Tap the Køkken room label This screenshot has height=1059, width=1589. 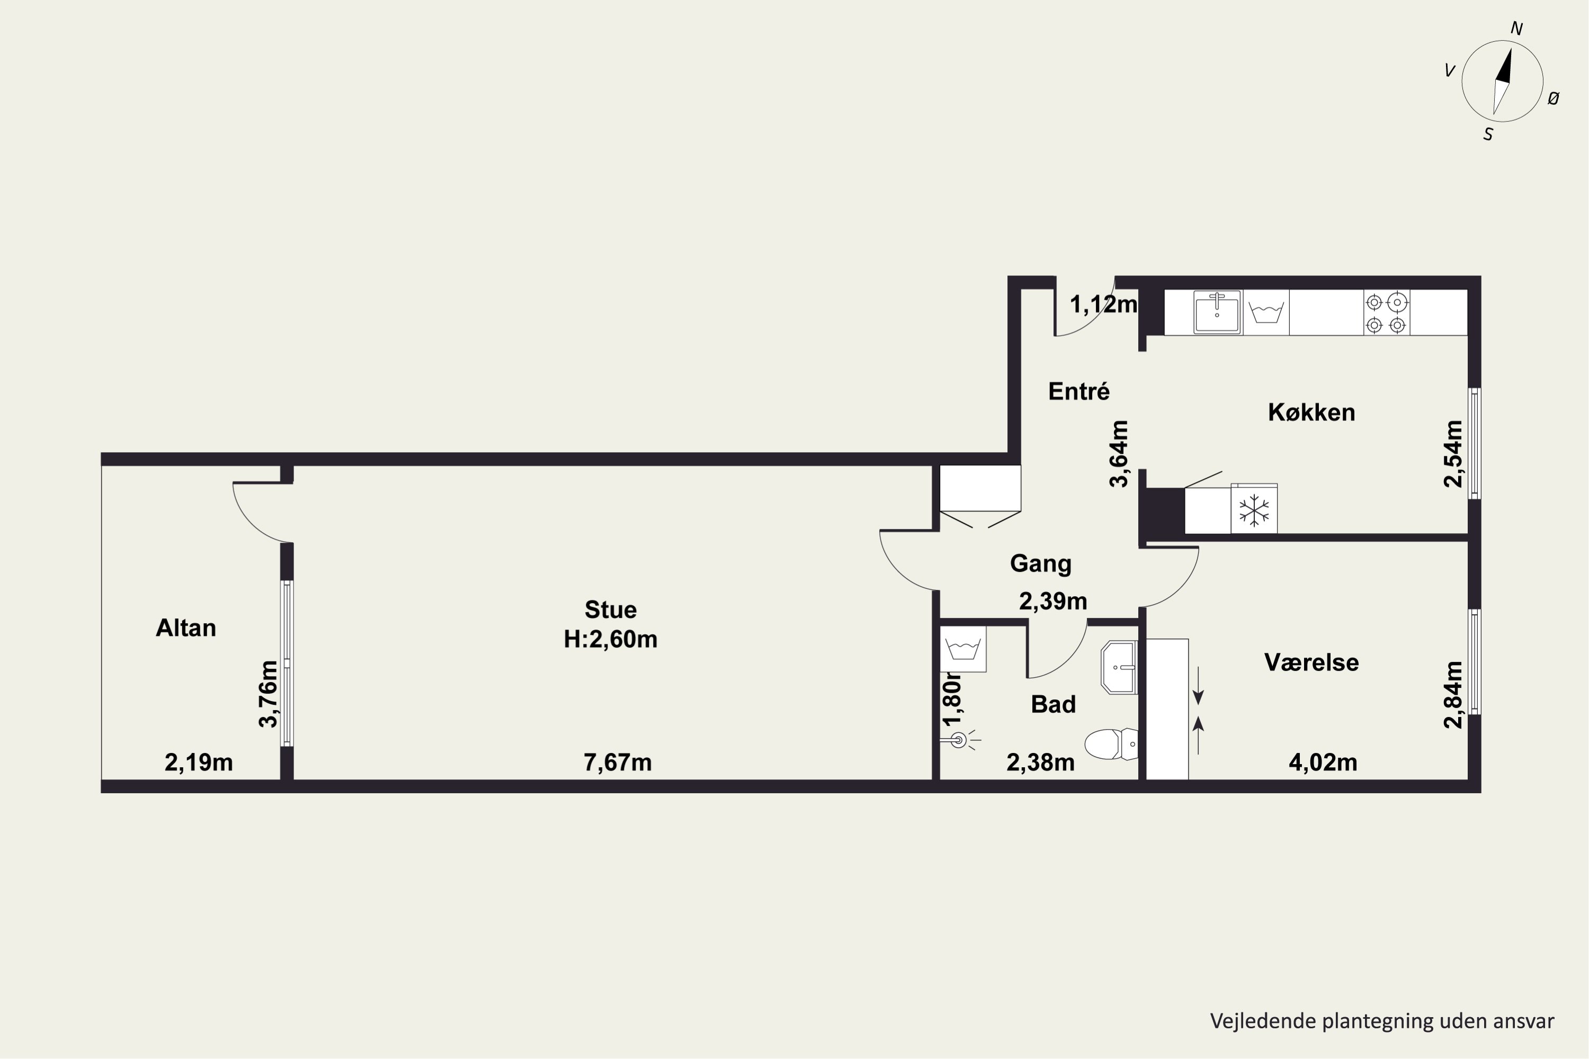click(x=1311, y=412)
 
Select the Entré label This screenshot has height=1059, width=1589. click(x=1079, y=391)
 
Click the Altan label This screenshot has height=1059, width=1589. click(x=186, y=628)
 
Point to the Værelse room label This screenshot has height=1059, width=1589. click(x=1311, y=662)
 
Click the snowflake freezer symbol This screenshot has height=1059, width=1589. click(x=1254, y=510)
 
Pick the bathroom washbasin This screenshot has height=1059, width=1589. click(x=1120, y=668)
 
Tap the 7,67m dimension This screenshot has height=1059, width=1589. click(x=618, y=762)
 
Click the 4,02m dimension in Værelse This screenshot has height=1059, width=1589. click(x=1323, y=762)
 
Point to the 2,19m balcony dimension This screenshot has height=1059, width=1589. click(x=199, y=762)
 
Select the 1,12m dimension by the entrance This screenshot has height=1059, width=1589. click(x=1104, y=304)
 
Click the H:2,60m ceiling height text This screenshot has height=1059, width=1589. click(x=611, y=639)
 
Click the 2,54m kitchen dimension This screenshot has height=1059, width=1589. click(x=1453, y=453)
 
